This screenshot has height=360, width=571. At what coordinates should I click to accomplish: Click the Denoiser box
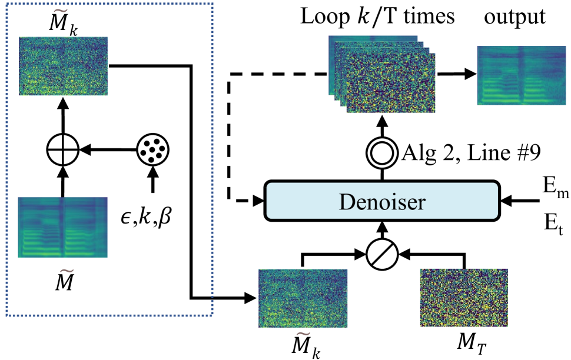coord(381,202)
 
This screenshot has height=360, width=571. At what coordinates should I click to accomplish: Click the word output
coord(515,17)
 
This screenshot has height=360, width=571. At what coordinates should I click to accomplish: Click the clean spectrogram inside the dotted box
coord(62,226)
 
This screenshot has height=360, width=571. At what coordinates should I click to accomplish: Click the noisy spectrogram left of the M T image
coord(303,298)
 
